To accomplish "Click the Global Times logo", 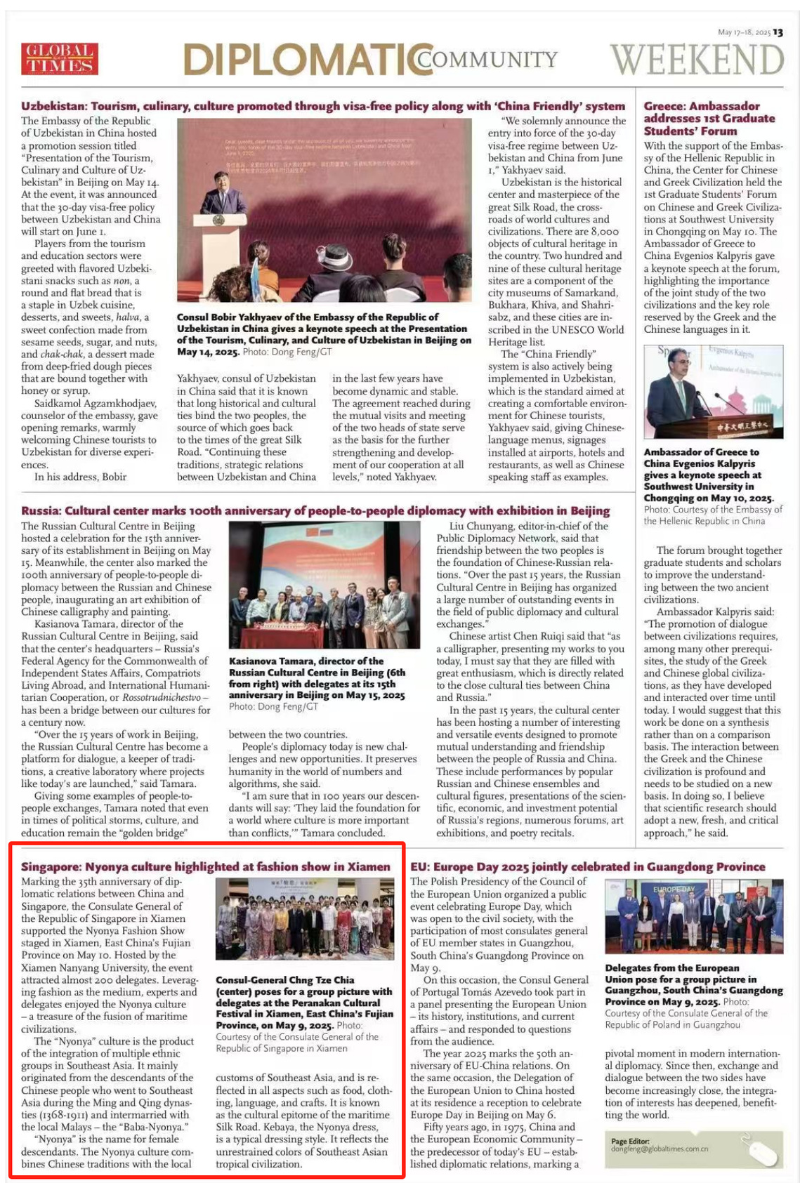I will click(x=60, y=59).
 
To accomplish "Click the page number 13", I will click(x=778, y=32).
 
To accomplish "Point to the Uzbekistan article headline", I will click(x=322, y=106).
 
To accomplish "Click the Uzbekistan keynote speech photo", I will click(x=324, y=211).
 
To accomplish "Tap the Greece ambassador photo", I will click(x=713, y=391).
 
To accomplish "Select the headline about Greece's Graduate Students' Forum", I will click(x=709, y=118).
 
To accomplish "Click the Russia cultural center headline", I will click(x=315, y=510).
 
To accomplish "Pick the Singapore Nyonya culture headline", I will click(x=205, y=866).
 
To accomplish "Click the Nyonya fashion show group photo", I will click(x=304, y=918).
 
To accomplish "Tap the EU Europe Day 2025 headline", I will click(x=587, y=866).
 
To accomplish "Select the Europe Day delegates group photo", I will click(x=693, y=916).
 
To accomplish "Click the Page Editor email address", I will click(x=659, y=1149).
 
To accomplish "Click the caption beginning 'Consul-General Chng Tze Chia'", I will click(x=304, y=1003).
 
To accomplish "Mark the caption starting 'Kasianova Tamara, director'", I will click(x=317, y=678).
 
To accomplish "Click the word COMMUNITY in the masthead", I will click(x=487, y=60).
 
